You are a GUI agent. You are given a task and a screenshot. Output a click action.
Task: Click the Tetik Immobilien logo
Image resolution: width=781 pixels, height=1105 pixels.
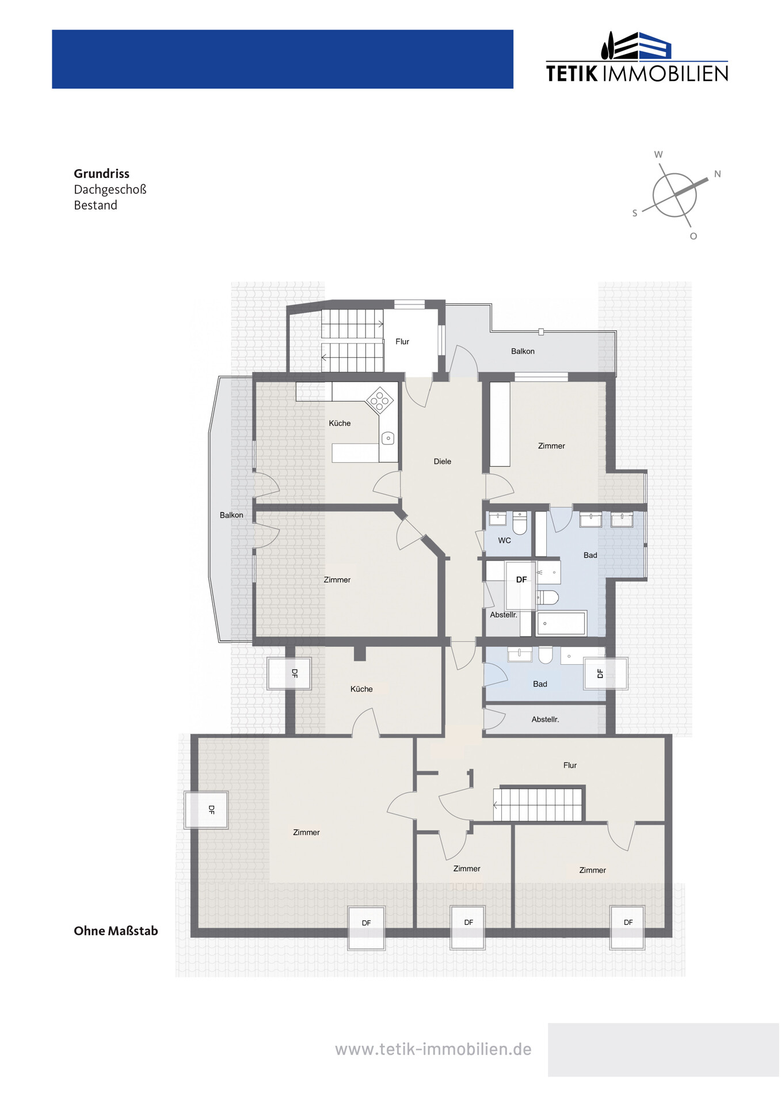[637, 57]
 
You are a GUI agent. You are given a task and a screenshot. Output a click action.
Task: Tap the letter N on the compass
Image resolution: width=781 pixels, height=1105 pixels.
[717, 174]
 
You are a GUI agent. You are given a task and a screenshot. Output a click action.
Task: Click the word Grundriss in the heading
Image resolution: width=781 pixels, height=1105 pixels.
[101, 174]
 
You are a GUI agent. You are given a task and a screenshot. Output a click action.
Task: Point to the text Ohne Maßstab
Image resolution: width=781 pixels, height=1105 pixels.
[116, 931]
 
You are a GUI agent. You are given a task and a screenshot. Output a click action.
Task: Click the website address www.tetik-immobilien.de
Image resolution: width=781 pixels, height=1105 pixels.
[433, 1049]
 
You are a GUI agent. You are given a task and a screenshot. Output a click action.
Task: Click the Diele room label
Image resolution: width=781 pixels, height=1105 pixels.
[443, 461]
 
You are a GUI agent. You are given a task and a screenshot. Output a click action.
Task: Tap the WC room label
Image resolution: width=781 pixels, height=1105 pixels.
[505, 540]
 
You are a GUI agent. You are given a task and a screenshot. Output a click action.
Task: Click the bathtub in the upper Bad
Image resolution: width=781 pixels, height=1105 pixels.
[561, 623]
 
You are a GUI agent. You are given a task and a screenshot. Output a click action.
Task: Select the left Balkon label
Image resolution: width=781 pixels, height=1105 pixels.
[231, 515]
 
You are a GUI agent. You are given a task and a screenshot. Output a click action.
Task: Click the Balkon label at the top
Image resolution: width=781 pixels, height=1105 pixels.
[523, 351]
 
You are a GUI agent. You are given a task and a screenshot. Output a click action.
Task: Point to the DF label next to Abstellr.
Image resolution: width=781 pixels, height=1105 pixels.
[521, 580]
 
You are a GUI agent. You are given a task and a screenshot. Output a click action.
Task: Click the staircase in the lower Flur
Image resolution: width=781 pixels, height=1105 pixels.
[538, 804]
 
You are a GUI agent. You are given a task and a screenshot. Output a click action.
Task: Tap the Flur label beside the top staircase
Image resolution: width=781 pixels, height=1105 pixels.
[402, 341]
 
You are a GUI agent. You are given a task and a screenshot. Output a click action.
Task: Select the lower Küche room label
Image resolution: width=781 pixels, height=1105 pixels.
[361, 689]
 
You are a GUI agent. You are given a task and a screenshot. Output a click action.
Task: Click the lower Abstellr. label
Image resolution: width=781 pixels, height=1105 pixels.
[545, 719]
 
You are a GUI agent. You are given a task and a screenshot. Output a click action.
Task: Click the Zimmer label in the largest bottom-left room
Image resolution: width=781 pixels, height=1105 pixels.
[306, 832]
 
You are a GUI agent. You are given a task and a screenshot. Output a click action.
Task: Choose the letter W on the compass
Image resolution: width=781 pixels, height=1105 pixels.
[658, 154]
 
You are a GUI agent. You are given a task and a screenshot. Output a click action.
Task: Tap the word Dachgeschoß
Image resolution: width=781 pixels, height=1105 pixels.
[110, 189]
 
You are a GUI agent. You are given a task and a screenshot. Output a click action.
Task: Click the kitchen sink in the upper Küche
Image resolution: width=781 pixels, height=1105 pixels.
[388, 439]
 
